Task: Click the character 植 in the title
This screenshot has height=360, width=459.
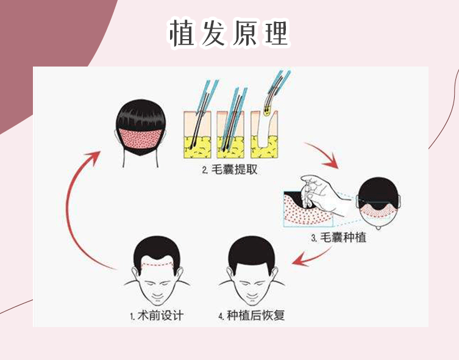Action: (x=182, y=33)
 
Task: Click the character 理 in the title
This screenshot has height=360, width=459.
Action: (x=276, y=33)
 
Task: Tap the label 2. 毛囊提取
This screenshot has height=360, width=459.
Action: (x=229, y=170)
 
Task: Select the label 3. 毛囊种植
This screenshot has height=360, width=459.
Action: (x=339, y=237)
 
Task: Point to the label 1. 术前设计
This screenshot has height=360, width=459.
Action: (x=157, y=316)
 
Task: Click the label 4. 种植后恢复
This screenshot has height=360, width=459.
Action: (x=252, y=316)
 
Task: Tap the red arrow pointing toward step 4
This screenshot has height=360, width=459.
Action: (x=311, y=257)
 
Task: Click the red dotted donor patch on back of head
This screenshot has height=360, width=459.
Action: (x=141, y=139)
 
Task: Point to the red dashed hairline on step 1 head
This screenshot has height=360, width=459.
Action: (x=157, y=265)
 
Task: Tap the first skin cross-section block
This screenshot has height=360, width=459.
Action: (x=197, y=135)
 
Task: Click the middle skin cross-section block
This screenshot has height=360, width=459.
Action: (x=230, y=135)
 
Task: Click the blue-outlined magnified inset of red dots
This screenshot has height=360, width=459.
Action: (x=308, y=209)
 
